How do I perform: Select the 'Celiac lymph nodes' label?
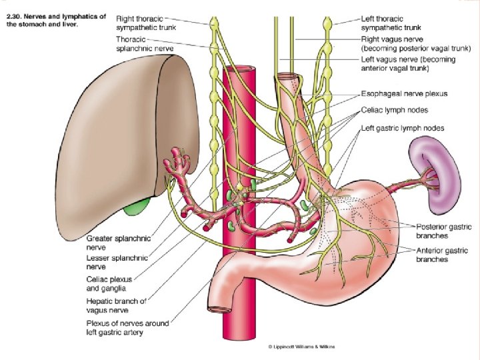click(394, 110)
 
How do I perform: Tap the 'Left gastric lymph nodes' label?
click(403, 127)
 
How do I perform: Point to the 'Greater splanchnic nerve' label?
click(119, 242)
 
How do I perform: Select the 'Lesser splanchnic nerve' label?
click(117, 261)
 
